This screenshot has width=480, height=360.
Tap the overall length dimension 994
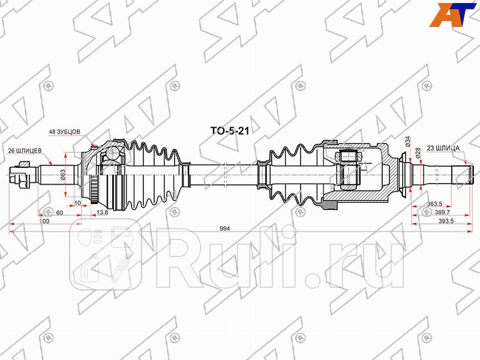pos(224,229)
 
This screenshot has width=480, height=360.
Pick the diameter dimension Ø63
pos(62,175)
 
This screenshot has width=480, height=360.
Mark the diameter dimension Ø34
pos(407,142)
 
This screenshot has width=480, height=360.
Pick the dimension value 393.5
pos(445,221)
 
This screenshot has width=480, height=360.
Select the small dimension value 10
pos(79,203)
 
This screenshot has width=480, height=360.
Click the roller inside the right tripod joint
pos(348,158)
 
